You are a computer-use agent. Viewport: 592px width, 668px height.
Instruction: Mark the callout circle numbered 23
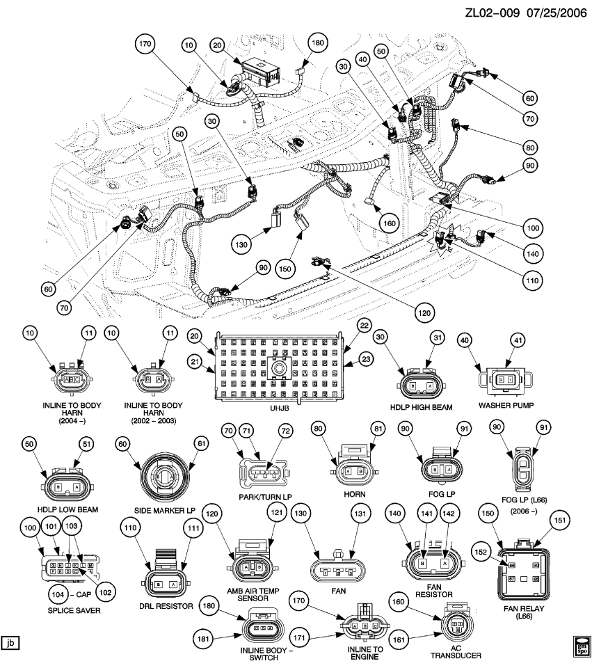(366, 360)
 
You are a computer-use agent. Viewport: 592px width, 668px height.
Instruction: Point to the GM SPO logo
(581, 644)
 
